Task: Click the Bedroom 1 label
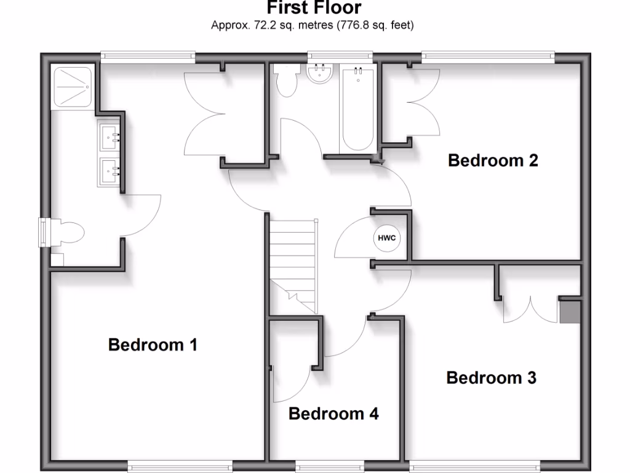(x=153, y=344)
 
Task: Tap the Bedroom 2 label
(x=493, y=161)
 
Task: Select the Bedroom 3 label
(x=491, y=378)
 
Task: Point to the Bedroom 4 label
(x=333, y=414)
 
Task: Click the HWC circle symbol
(x=386, y=238)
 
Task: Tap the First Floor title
(x=314, y=8)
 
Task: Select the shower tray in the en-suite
(x=73, y=87)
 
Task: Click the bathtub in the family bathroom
(x=357, y=109)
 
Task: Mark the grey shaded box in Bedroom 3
(x=570, y=310)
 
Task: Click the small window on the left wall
(x=44, y=232)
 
